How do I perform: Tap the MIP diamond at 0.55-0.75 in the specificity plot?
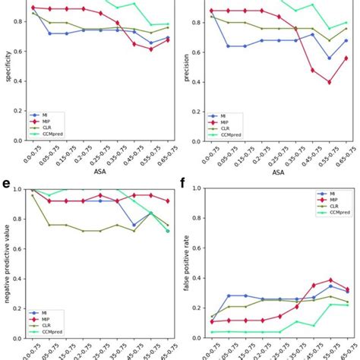150,49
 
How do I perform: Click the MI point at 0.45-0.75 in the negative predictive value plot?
134,225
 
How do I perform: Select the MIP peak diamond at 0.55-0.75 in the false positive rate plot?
309,280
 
